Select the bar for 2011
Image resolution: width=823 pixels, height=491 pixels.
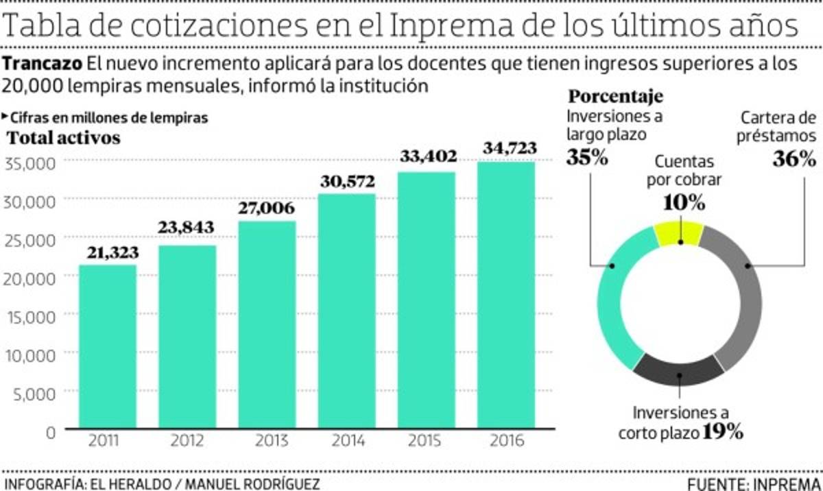[x=108, y=347]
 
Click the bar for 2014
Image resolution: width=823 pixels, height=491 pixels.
[x=346, y=312]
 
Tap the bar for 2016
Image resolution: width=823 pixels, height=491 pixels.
[x=506, y=296]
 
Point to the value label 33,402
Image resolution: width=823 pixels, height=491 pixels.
[x=427, y=156]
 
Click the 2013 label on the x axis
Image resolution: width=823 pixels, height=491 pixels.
[x=267, y=440]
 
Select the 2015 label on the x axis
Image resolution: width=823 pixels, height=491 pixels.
[x=426, y=440]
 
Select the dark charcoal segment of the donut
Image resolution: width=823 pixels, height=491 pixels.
[x=678, y=370]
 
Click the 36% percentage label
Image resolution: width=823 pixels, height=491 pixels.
[x=794, y=160]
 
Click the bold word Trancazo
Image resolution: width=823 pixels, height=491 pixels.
[x=43, y=64]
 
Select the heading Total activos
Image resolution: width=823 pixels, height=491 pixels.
[x=63, y=138]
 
